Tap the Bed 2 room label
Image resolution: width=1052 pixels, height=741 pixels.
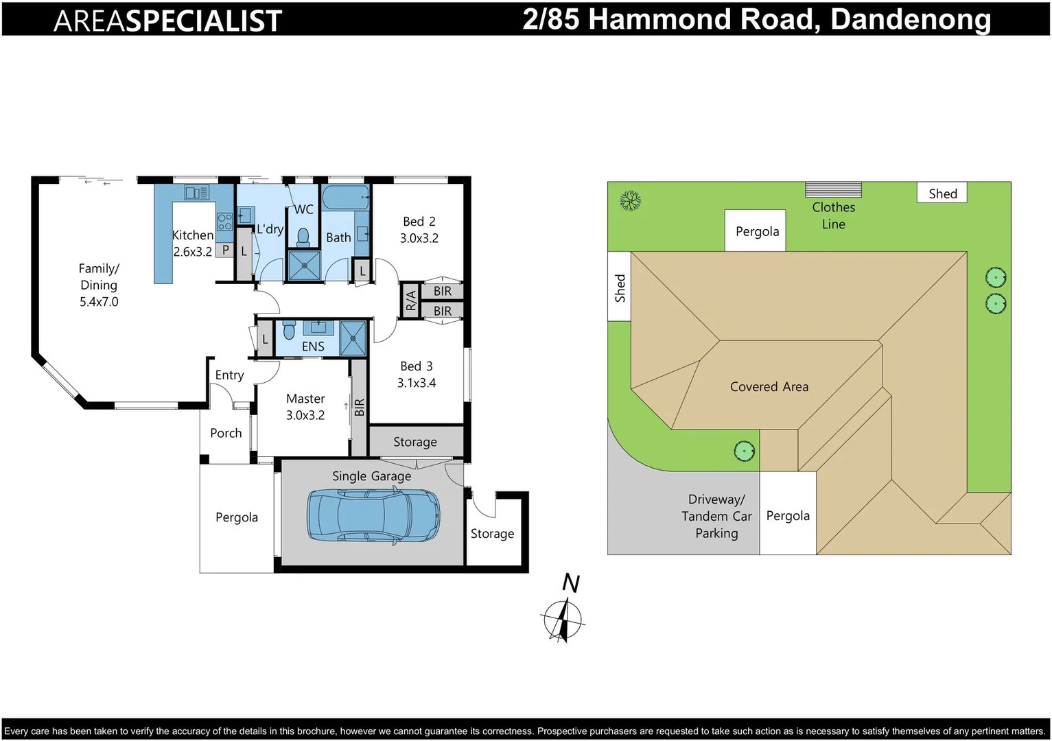coord(419,230)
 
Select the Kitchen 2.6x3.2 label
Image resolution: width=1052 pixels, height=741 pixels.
coord(192,244)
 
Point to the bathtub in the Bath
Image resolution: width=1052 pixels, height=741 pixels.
coord(346,198)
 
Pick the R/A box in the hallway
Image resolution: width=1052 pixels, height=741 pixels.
coord(410,300)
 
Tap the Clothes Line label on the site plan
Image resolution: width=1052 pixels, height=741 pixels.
coord(833,215)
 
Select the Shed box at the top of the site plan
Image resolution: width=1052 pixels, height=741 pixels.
coord(942,193)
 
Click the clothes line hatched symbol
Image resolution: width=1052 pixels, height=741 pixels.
coord(833,189)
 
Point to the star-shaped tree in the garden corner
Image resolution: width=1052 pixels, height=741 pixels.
coord(630,201)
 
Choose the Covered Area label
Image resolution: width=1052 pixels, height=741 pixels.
coord(769,387)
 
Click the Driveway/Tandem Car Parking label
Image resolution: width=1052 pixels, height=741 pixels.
coord(716,516)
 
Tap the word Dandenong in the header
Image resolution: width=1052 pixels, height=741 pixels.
coord(910,19)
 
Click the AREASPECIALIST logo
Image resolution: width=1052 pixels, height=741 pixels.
coord(167,21)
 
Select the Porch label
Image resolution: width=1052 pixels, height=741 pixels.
coord(226,433)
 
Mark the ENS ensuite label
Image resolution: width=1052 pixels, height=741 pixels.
coord(313,346)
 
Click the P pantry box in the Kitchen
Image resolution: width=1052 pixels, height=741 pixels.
coord(225,250)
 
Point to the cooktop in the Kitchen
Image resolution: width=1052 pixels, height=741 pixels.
coord(224,222)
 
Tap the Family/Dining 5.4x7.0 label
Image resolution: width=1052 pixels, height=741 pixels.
coord(99,285)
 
